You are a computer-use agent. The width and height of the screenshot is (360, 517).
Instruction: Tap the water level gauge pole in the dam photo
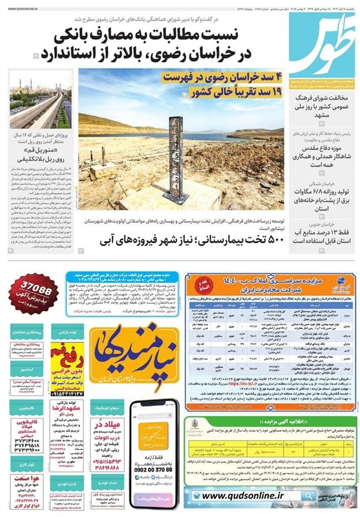tap(175, 161)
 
